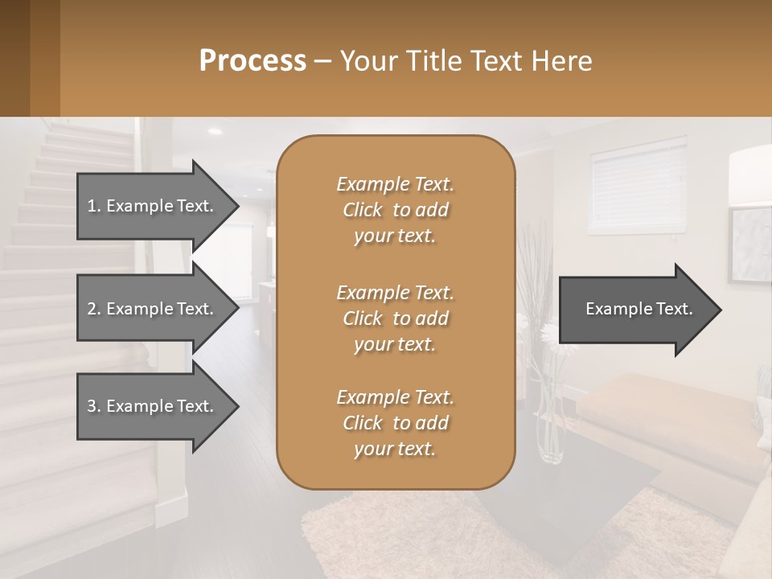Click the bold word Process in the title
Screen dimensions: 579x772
[253, 61]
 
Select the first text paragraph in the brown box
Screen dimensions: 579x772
[395, 210]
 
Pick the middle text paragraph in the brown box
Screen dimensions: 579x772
[395, 318]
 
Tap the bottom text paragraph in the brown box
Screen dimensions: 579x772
[395, 423]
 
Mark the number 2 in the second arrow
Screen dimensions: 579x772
[91, 309]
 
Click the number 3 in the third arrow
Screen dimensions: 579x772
[91, 406]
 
